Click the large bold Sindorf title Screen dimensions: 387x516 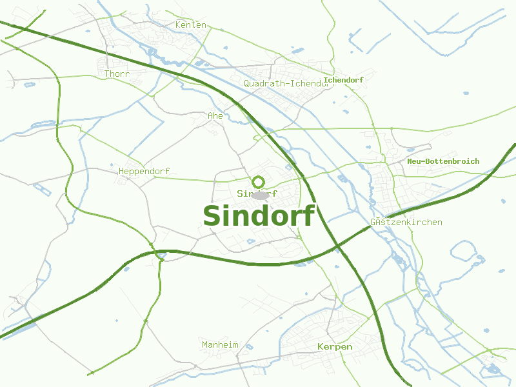pyautogui.click(x=258, y=216)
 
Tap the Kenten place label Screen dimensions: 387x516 pyautogui.click(x=191, y=25)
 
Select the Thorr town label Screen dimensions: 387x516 pyautogui.click(x=117, y=74)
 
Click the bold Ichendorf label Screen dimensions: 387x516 pyautogui.click(x=344, y=80)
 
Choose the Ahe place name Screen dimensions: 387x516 pyautogui.click(x=215, y=116)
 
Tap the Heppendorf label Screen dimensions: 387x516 pyautogui.click(x=144, y=172)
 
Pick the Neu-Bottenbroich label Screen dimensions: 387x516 pyautogui.click(x=443, y=161)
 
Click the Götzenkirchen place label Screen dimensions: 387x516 pyautogui.click(x=406, y=223)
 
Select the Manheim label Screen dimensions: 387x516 pyautogui.click(x=220, y=345)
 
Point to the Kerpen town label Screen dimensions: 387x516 pyautogui.click(x=335, y=347)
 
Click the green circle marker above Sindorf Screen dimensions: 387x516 pyautogui.click(x=259, y=182)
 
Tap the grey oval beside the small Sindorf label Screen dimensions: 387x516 pyautogui.click(x=260, y=195)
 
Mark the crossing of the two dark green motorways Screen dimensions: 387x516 pyautogui.click(x=337, y=246)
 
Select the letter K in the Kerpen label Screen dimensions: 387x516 pyautogui.click(x=321, y=347)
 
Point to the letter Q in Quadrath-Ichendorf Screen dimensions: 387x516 pyautogui.click(x=247, y=84)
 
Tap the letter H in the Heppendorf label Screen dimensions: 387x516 pyautogui.click(x=121, y=172)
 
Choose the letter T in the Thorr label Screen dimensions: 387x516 pyautogui.click(x=107, y=74)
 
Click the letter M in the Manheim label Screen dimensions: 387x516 pyautogui.click(x=204, y=345)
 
